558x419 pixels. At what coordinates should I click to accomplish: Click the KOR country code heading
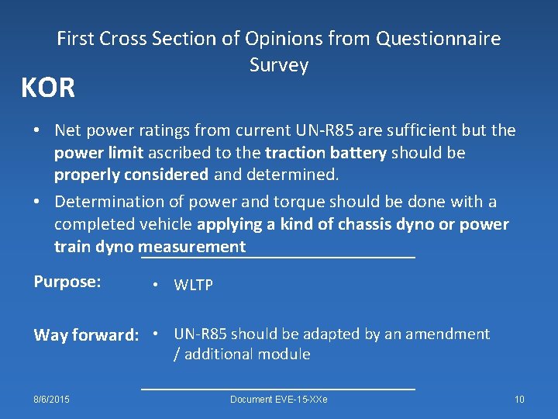coord(48,88)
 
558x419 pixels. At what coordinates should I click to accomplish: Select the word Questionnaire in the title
coord(438,38)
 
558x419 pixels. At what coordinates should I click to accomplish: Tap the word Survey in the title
coord(279,65)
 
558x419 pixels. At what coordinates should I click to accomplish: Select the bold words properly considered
coord(131,175)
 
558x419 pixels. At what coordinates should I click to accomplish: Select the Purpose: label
coord(67,282)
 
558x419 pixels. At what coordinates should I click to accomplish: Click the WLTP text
coord(193,286)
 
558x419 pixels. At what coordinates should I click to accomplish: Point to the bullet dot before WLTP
coord(157,286)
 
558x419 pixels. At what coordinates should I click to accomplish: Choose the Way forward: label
coord(86,335)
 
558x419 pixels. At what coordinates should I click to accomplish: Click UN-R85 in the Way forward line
coord(200,334)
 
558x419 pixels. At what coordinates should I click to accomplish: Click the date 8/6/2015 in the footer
coord(51,400)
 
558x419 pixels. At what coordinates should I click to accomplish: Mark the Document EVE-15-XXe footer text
coord(279,400)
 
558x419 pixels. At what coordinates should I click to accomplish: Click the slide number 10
coord(519,400)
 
